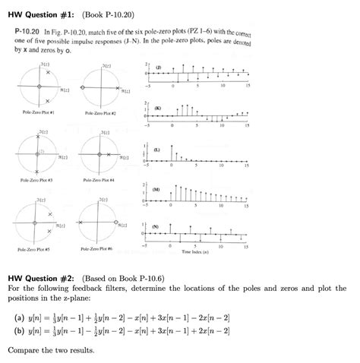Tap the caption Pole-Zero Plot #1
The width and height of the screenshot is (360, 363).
36,112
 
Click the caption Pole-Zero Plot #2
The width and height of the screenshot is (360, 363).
99,112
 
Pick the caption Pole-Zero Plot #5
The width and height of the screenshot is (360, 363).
36,248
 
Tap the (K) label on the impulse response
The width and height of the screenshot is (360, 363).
157,109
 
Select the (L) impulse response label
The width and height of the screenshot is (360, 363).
156,149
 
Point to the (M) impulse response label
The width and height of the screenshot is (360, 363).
157,189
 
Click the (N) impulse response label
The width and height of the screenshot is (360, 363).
156,226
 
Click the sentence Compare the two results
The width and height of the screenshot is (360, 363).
51,351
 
